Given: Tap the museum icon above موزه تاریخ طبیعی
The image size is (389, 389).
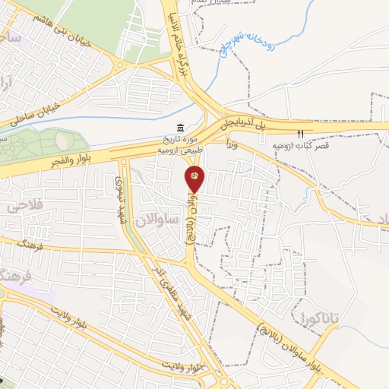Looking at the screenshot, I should pyautogui.click(x=179, y=127).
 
